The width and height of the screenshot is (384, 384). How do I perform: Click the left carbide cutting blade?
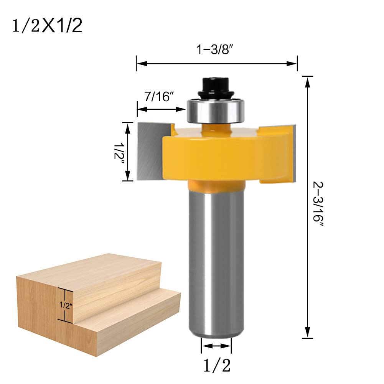tap(150, 152)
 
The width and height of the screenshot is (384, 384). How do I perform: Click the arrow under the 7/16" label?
tap(161, 109)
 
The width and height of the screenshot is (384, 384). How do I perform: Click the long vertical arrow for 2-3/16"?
tap(307, 207)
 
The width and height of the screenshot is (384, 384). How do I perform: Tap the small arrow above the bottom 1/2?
tap(216, 346)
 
